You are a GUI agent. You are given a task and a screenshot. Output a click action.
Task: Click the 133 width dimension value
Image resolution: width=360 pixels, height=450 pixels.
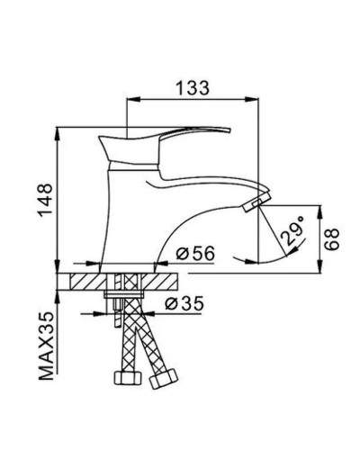193,87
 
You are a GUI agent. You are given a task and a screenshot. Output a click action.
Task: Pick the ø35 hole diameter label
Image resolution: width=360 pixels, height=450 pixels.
187,304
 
